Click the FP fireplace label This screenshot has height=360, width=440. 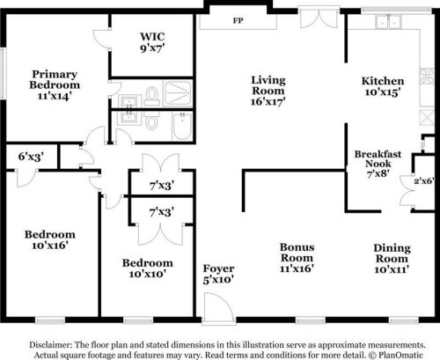pyautogui.click(x=237, y=20)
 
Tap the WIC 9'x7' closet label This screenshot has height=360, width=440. pyautogui.click(x=151, y=43)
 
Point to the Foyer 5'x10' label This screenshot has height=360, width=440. pyautogui.click(x=217, y=274)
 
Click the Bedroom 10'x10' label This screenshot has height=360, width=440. pyautogui.click(x=147, y=268)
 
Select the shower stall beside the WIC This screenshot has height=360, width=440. pyautogui.click(x=179, y=92)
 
